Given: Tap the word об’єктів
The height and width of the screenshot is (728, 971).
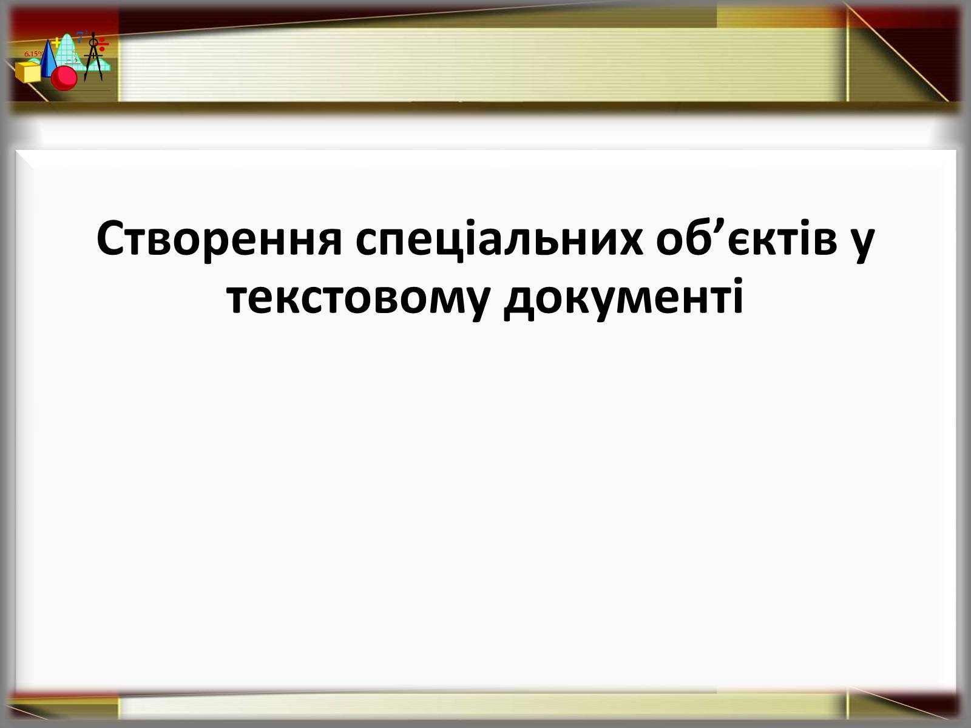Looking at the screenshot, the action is tap(746, 238).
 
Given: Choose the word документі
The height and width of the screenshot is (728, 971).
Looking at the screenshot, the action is tap(623, 298).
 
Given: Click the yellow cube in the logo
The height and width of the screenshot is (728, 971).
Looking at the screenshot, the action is tap(28, 72).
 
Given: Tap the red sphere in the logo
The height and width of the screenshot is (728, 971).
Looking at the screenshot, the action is tap(64, 78).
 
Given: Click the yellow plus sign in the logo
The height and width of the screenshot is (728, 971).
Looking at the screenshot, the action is tap(56, 43).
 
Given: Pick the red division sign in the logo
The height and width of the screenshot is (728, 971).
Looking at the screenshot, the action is tap(103, 44).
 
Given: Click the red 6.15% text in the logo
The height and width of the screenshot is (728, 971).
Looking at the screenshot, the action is tap(33, 54).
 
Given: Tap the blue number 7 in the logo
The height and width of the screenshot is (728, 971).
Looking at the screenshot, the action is tap(80, 36).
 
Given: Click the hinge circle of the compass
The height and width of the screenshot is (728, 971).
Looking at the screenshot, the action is tap(93, 43).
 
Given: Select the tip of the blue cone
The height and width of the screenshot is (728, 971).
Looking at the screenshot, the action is tap(48, 39).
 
